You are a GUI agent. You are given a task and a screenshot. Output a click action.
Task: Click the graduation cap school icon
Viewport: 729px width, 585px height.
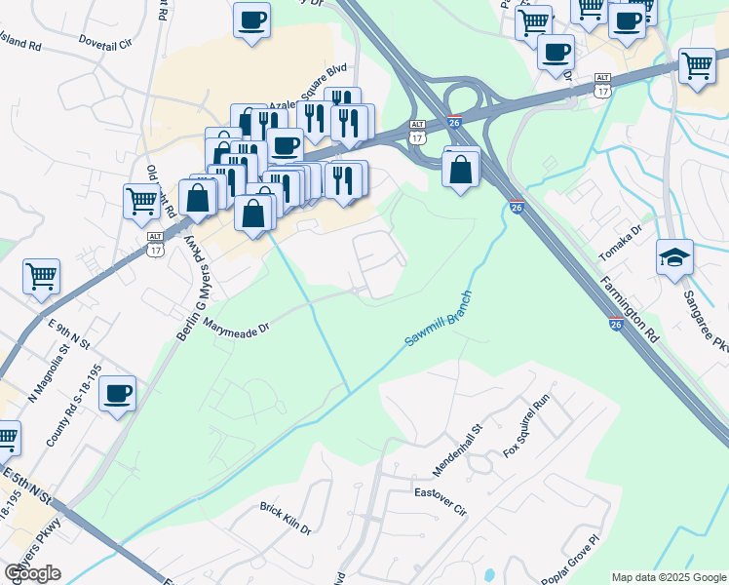point(675,258)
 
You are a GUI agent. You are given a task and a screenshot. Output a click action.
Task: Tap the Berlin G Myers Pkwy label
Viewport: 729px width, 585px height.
point(193,291)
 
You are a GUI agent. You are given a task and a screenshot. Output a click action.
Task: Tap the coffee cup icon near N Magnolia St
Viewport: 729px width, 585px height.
point(117,394)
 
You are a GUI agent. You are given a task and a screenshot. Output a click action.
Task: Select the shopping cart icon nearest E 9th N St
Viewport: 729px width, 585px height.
point(42,276)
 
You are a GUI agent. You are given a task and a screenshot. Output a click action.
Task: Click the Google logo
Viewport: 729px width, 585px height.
point(32,573)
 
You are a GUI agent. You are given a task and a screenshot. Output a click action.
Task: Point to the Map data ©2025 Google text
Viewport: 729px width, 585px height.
point(668,577)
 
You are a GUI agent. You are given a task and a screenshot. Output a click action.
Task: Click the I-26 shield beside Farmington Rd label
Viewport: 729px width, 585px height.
point(616,324)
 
